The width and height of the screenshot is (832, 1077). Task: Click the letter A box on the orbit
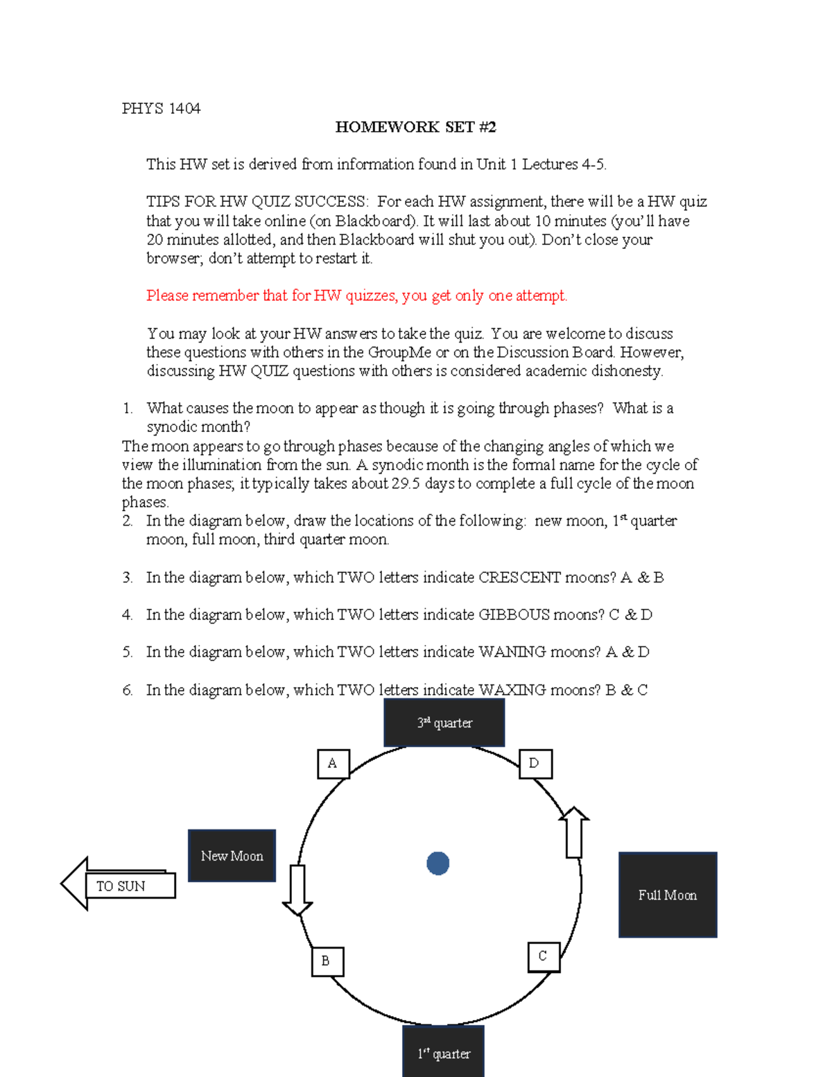coord(333,764)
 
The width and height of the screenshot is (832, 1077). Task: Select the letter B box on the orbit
coord(327,961)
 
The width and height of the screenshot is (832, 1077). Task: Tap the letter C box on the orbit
coord(543,956)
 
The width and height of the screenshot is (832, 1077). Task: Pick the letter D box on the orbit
coord(535,764)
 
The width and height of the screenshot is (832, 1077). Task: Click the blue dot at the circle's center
coord(438,863)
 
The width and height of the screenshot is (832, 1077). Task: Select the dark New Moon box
coord(232,856)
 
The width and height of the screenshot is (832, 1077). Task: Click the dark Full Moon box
coord(668,895)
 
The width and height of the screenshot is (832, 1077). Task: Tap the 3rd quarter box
coord(444,723)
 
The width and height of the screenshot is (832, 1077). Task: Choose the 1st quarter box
coord(444,1053)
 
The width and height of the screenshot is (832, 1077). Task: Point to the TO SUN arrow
coord(118,885)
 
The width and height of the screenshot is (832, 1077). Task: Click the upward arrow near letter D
coord(574,832)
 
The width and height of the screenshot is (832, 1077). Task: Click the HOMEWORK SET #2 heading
coord(415,127)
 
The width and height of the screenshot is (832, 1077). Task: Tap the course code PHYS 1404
coord(161,108)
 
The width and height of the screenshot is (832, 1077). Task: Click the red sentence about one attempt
coord(356,296)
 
